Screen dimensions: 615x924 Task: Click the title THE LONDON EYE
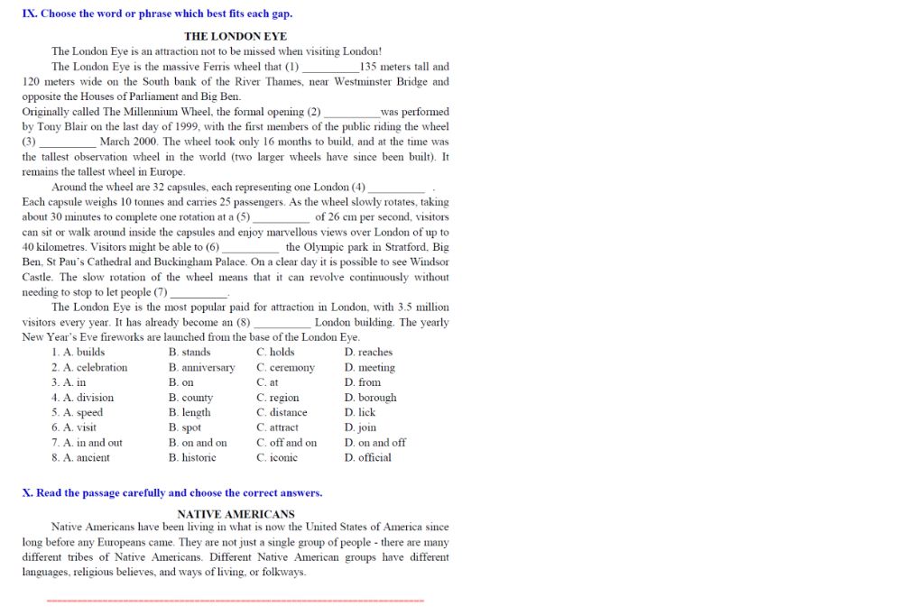[x=236, y=36]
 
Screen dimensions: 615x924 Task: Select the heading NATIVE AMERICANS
[x=236, y=514]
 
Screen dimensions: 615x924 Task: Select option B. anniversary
[x=201, y=368]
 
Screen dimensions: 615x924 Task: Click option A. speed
[x=77, y=413]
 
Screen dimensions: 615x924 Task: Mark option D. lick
[x=359, y=413]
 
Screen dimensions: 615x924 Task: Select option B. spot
[x=184, y=427]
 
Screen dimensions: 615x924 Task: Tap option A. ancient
[x=80, y=458]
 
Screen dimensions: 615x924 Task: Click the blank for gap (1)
[x=330, y=68]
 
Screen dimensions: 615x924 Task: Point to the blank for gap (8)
[x=282, y=323]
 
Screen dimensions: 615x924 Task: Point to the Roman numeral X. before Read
[x=26, y=493]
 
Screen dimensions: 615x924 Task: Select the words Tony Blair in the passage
[x=61, y=127]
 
